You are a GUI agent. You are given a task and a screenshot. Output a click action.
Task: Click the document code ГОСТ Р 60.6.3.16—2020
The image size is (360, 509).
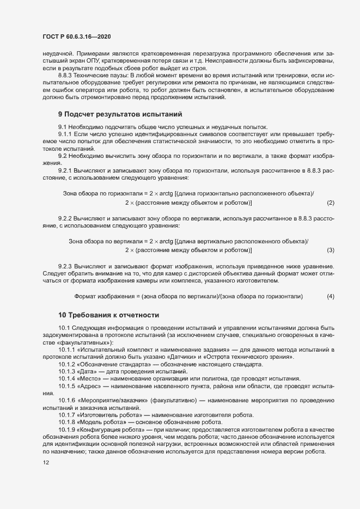pyautogui.click(x=76, y=37)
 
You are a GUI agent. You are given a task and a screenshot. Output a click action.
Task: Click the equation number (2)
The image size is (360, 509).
pyautogui.click(x=330, y=203)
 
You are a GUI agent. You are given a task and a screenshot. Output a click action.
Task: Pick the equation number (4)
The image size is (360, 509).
pyautogui.click(x=330, y=296)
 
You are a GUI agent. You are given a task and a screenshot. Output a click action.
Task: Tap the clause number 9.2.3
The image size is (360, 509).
pyautogui.click(x=65, y=267)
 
